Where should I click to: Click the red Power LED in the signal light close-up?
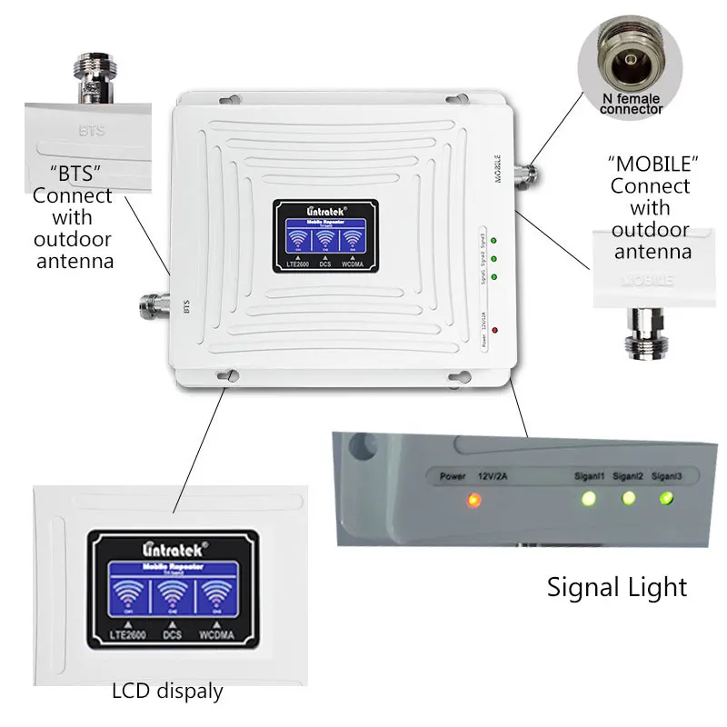472,499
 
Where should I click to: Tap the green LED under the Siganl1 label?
588,499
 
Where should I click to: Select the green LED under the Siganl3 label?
668,498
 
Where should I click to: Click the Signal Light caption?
617,587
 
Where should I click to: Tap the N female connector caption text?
632,103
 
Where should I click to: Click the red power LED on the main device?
493,332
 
